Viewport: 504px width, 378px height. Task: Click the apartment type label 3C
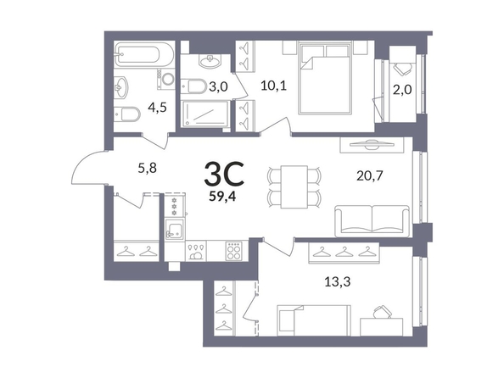click(224, 175)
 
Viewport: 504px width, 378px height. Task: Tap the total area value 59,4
click(222, 197)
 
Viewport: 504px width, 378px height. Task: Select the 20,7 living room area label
click(370, 175)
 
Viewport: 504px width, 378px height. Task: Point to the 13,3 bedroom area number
click(337, 282)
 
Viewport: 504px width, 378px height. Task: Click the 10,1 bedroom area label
click(273, 86)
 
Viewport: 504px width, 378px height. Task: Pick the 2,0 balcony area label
click(402, 90)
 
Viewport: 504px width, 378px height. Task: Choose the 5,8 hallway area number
click(148, 168)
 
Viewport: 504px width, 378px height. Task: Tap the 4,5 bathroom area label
click(158, 108)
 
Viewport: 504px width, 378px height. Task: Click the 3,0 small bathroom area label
click(218, 86)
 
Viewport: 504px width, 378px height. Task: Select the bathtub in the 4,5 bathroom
click(144, 54)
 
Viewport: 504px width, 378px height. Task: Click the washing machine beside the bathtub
click(165, 79)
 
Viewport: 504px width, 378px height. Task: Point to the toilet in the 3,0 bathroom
click(193, 86)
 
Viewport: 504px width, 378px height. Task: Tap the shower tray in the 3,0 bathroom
click(205, 114)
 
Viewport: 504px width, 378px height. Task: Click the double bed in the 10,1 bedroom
click(324, 79)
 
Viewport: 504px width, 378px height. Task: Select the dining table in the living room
click(294, 187)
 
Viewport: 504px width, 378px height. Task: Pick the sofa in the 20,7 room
click(372, 221)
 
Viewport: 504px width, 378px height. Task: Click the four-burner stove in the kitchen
click(234, 251)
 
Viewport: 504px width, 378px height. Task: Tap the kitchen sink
click(175, 229)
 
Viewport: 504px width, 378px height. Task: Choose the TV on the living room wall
click(372, 145)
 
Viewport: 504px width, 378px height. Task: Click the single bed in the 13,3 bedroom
click(314, 320)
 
